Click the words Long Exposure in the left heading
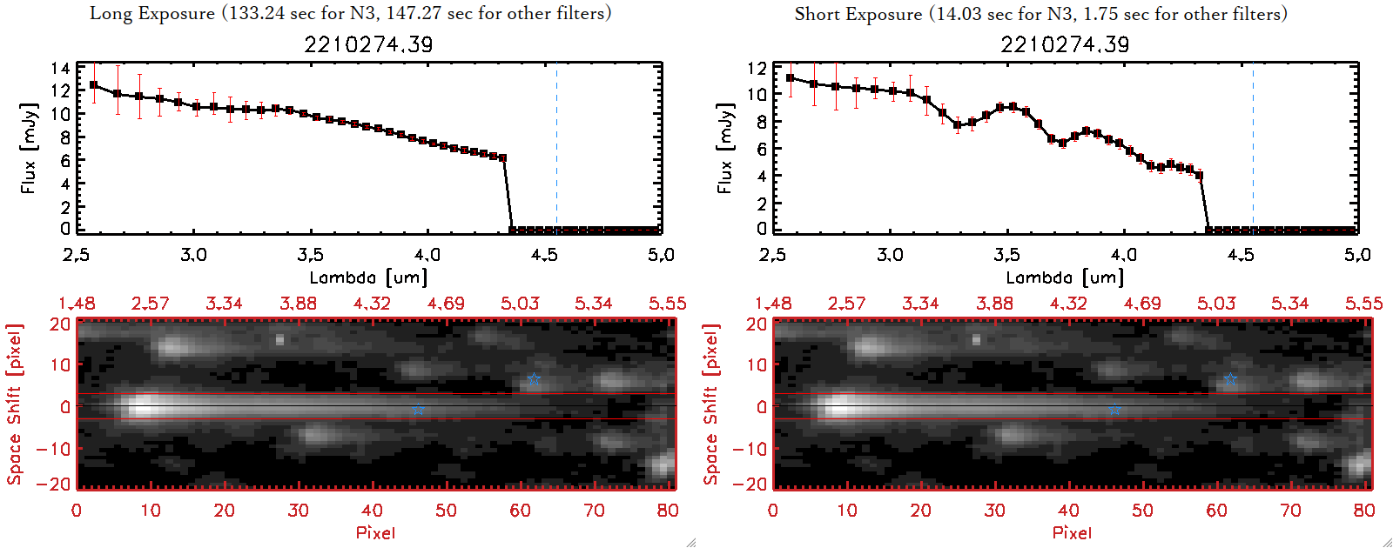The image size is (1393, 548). pos(152,14)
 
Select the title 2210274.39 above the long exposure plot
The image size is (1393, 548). pos(368,44)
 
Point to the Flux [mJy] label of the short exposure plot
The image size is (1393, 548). pos(724,148)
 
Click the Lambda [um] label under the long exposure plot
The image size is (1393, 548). pos(368,277)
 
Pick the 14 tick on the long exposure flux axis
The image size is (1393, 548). pos(60,68)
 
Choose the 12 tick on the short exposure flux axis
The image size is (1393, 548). pos(757,68)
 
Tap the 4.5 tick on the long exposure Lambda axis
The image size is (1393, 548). pos(544,255)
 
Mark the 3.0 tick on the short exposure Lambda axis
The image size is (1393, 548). pos(890,255)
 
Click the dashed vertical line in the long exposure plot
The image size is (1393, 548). pos(556,148)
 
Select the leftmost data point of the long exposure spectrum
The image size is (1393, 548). pos(94,85)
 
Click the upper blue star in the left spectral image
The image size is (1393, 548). pos(534,378)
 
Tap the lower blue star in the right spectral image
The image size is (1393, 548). pos(1114,409)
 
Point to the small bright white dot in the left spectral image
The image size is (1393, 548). pos(279,340)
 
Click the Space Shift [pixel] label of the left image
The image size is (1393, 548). pos(14,404)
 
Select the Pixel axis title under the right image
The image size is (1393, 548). pos(1072,532)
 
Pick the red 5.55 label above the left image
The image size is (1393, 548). pos(667,304)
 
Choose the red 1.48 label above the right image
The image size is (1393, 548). pos(773,304)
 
